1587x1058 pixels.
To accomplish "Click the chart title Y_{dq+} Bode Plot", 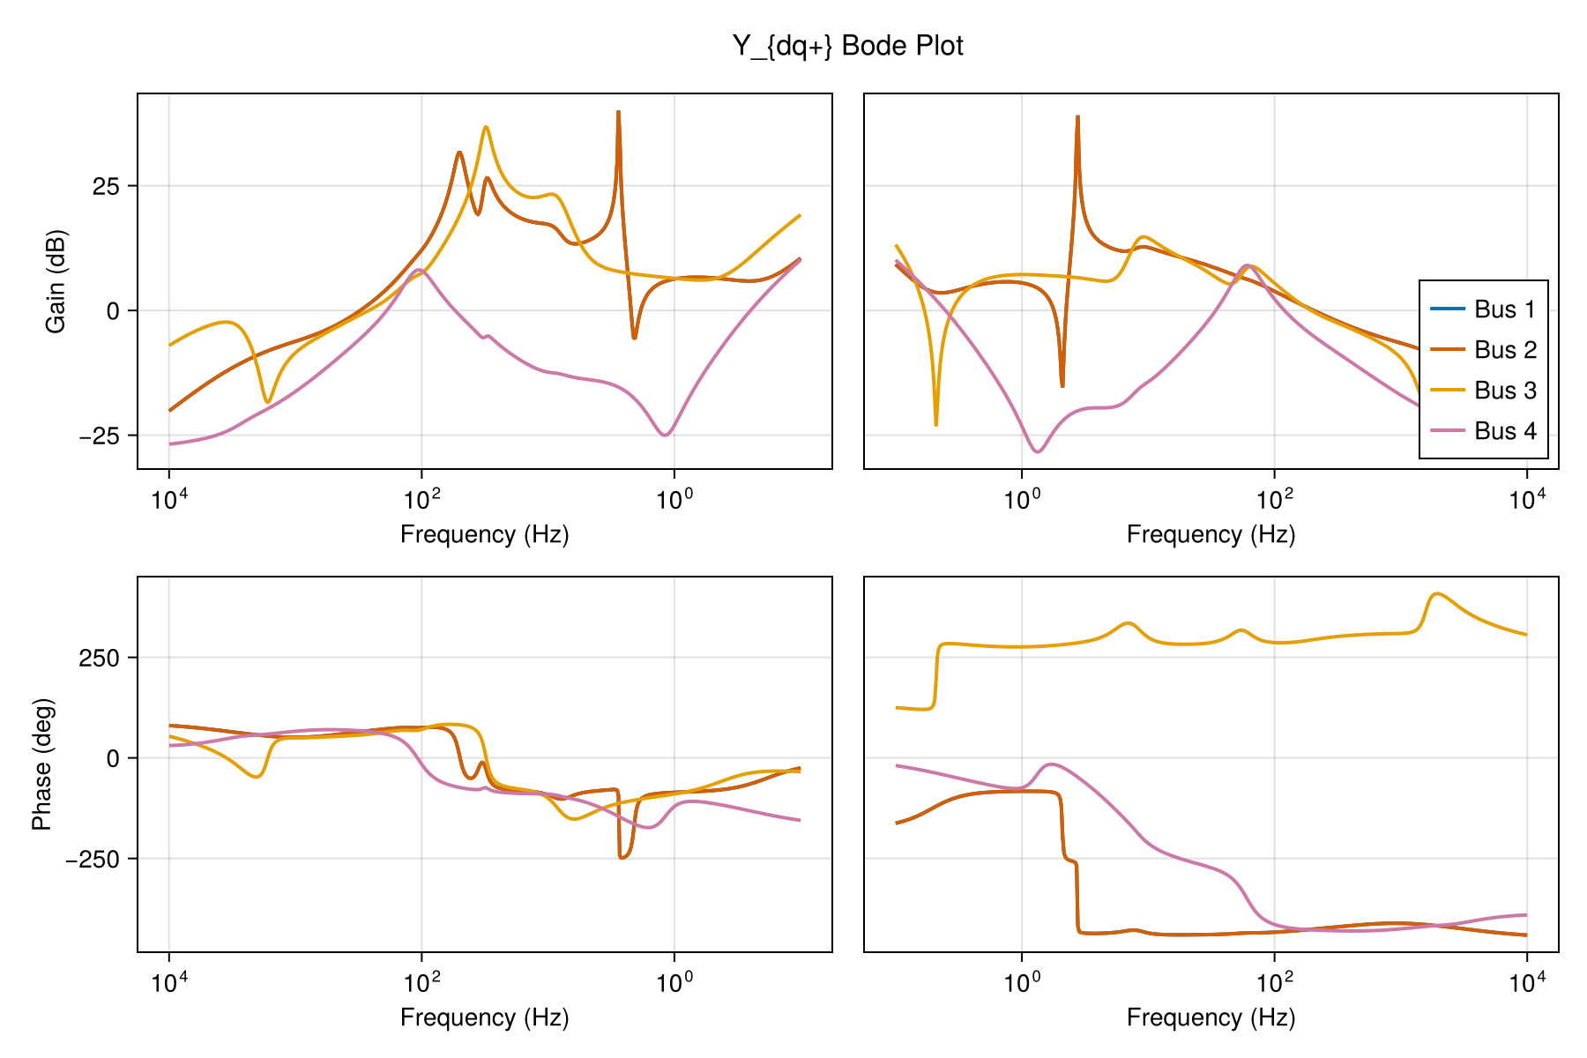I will click(x=847, y=46).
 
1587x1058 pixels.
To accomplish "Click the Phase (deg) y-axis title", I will click(x=41, y=764).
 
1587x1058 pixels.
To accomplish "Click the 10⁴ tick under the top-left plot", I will click(x=168, y=500).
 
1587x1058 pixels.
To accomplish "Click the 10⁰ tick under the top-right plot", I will click(x=1022, y=500).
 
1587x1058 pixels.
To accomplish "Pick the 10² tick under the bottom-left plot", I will click(x=421, y=983).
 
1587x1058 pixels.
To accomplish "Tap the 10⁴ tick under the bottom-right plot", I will click(x=1527, y=983).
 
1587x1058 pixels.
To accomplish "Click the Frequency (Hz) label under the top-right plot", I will click(x=1211, y=534).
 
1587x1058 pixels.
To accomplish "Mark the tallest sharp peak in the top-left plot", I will click(x=618, y=113).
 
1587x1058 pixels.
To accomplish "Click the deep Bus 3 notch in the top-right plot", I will click(x=935, y=425).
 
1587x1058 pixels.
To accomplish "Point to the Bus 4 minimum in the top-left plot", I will click(x=666, y=435).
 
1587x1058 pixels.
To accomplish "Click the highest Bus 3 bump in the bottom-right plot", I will click(x=1437, y=594).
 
